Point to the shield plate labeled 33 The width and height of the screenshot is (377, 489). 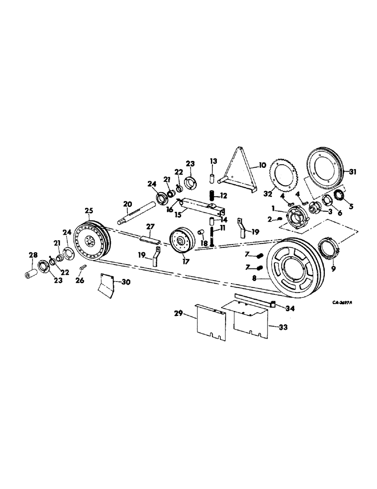pos(249,320)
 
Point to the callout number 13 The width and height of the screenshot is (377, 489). pos(213,161)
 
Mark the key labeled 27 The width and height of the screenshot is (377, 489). pos(150,239)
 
